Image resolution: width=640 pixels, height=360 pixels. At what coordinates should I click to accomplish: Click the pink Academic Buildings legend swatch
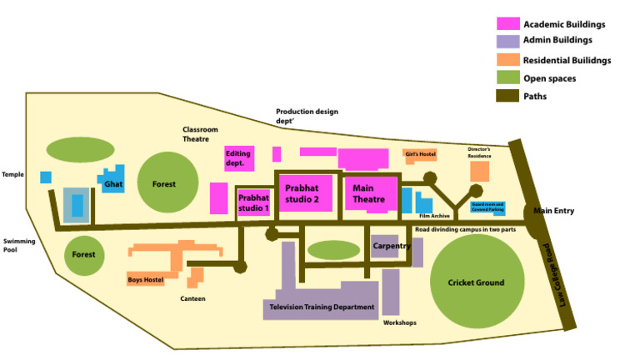point(507,23)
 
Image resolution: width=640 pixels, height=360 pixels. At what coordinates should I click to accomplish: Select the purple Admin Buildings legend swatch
point(507,41)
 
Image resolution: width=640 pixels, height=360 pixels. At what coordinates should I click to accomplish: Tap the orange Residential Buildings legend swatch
point(507,59)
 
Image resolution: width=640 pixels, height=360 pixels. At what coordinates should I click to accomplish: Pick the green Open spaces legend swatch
point(507,77)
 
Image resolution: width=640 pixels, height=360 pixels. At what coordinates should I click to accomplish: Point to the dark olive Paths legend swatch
point(507,96)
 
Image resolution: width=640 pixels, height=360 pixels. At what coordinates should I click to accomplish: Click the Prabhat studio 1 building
point(253,202)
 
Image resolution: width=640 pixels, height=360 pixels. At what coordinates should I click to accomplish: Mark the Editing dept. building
point(237,158)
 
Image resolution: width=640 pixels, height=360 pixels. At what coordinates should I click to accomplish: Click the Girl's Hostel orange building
point(420,154)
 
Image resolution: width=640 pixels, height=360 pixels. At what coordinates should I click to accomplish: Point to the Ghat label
point(113,184)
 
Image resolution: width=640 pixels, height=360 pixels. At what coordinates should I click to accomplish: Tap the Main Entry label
point(554,211)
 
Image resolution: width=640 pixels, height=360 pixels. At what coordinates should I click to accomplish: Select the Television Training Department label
point(322,307)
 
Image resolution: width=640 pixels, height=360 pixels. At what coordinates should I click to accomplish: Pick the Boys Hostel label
point(146,280)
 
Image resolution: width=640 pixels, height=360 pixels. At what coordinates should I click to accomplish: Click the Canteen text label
point(192,298)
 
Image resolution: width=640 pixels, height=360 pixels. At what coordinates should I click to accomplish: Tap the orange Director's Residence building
point(479,171)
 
